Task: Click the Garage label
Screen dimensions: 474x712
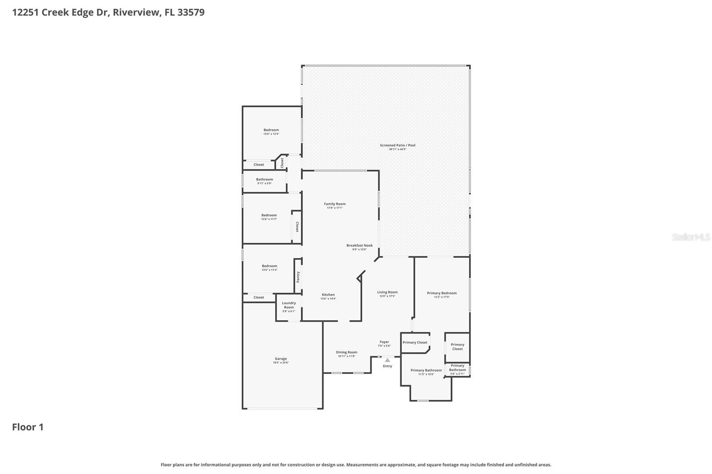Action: tap(281, 359)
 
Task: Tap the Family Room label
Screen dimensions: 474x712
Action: tap(335, 204)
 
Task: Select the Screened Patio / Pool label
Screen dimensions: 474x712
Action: tap(397, 145)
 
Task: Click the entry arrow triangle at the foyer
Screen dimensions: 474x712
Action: tap(388, 360)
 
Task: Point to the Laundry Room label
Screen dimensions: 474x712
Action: tap(289, 305)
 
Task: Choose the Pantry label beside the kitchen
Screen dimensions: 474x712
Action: tap(298, 277)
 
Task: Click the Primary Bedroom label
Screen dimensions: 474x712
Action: tap(441, 293)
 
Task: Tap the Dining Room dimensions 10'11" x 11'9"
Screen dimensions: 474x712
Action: tap(346, 356)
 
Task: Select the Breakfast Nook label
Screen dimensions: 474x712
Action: tap(360, 245)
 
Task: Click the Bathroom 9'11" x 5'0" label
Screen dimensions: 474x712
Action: tap(264, 181)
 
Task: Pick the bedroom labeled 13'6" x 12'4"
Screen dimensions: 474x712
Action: tap(271, 132)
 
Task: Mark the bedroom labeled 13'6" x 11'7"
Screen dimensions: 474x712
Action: tap(269, 217)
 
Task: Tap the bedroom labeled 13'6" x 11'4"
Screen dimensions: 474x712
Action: tap(269, 268)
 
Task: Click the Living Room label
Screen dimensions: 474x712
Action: tap(387, 292)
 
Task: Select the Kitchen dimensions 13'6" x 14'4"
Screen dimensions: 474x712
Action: tap(328, 299)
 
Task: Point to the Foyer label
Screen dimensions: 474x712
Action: tap(384, 342)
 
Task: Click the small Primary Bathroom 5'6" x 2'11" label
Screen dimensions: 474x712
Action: tap(457, 374)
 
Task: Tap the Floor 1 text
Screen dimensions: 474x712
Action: tap(28, 427)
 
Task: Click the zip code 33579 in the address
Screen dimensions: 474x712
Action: tap(191, 12)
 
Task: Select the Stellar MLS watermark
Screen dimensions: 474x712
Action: tap(691, 237)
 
